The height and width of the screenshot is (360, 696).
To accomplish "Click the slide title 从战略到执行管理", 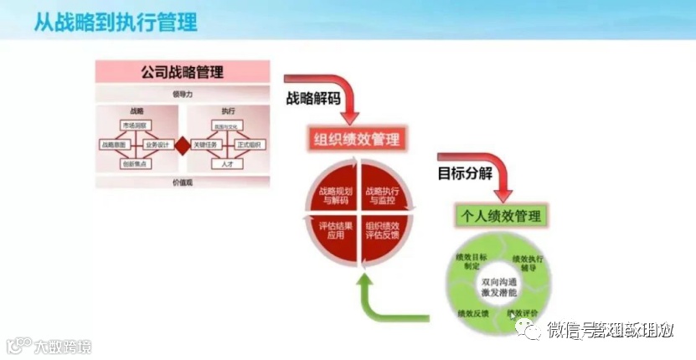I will pyautogui.click(x=116, y=21).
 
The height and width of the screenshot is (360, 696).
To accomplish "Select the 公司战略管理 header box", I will pyautogui.click(x=182, y=71).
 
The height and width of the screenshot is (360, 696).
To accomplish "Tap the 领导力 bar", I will pyautogui.click(x=182, y=94).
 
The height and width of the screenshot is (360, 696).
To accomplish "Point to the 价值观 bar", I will pyautogui.click(x=182, y=181).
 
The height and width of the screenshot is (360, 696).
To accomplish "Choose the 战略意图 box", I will pyautogui.click(x=116, y=145).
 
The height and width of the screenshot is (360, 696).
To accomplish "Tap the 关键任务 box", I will pyautogui.click(x=205, y=145).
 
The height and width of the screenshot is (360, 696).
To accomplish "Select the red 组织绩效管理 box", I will pyautogui.click(x=358, y=139).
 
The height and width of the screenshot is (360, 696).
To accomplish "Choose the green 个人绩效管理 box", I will pyautogui.click(x=500, y=215).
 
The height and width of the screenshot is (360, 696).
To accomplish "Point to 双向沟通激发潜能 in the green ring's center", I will pyautogui.click(x=500, y=289).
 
